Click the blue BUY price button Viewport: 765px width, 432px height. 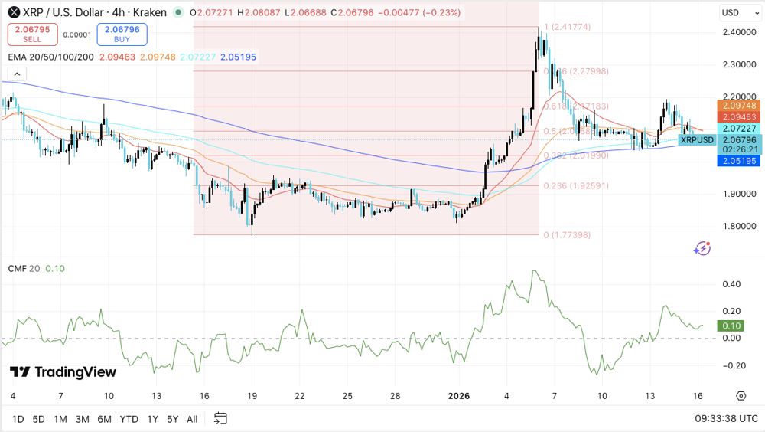point(122,34)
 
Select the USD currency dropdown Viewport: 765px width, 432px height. point(739,12)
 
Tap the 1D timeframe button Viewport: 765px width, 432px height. point(18,419)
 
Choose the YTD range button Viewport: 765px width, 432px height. point(129,419)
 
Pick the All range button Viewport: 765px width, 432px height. point(192,419)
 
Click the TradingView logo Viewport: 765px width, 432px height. point(63,372)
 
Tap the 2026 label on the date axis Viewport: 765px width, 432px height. point(459,396)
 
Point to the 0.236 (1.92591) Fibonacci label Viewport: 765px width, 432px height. point(576,186)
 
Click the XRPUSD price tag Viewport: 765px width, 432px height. point(697,139)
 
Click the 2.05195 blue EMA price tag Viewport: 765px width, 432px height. point(739,161)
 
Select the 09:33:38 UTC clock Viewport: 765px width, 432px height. point(726,419)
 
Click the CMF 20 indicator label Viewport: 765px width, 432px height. point(23,268)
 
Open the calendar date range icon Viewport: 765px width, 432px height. point(220,418)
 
